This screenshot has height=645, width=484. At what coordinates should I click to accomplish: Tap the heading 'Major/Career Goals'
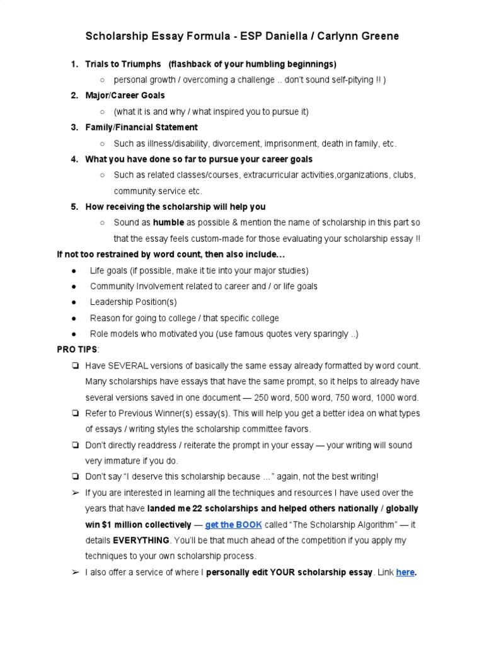click(125, 95)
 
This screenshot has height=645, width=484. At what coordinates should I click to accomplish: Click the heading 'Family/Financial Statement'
click(141, 127)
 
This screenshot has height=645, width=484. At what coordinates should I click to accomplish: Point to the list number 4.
click(74, 159)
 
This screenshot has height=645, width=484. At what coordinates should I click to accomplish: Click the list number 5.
click(74, 207)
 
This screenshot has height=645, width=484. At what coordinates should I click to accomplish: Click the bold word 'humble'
click(168, 223)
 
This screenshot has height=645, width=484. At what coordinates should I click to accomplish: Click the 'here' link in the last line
click(405, 573)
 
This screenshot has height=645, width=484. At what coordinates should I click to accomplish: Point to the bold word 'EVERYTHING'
click(141, 540)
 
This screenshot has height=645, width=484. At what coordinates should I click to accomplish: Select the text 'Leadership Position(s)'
click(133, 302)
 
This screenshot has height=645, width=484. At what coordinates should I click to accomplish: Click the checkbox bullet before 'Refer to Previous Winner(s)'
click(74, 414)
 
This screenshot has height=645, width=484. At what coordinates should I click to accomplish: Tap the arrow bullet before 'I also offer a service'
click(74, 573)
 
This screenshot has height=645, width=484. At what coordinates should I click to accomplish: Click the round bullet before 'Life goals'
click(74, 271)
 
